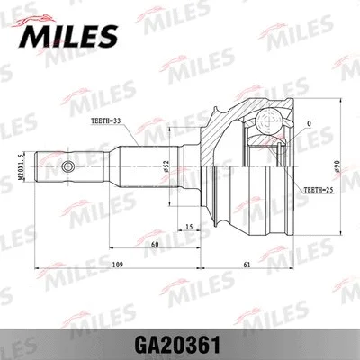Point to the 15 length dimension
(x=187, y=228)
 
